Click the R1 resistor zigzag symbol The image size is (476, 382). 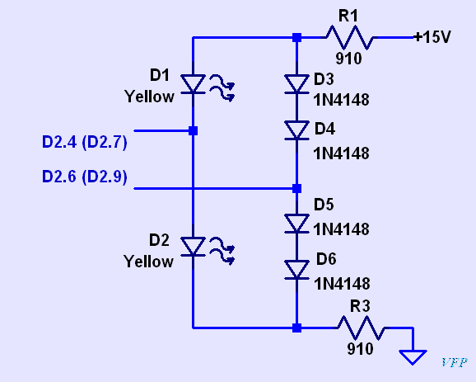click(349, 37)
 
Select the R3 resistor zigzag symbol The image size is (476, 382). click(362, 328)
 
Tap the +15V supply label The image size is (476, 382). click(432, 37)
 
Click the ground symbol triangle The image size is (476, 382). click(413, 356)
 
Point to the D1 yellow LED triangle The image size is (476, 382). click(193, 84)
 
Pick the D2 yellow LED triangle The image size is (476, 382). click(193, 247)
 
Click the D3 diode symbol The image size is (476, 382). click(296, 84)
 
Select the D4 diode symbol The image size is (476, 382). click(296, 130)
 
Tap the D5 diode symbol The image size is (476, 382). click(296, 224)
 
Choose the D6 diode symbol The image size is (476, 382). click(296, 270)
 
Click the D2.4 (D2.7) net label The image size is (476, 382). click(84, 143)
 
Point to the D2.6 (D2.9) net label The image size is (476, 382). click(84, 177)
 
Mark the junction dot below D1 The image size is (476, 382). click(193, 131)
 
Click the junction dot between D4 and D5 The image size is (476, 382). click(297, 189)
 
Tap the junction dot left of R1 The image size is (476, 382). click(297, 38)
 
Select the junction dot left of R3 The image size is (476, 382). click(297, 328)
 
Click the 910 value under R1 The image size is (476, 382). click(349, 59)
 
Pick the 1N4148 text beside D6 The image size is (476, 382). click(342, 284)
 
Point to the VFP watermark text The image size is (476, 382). click(454, 362)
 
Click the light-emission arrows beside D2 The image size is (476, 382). click(222, 251)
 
